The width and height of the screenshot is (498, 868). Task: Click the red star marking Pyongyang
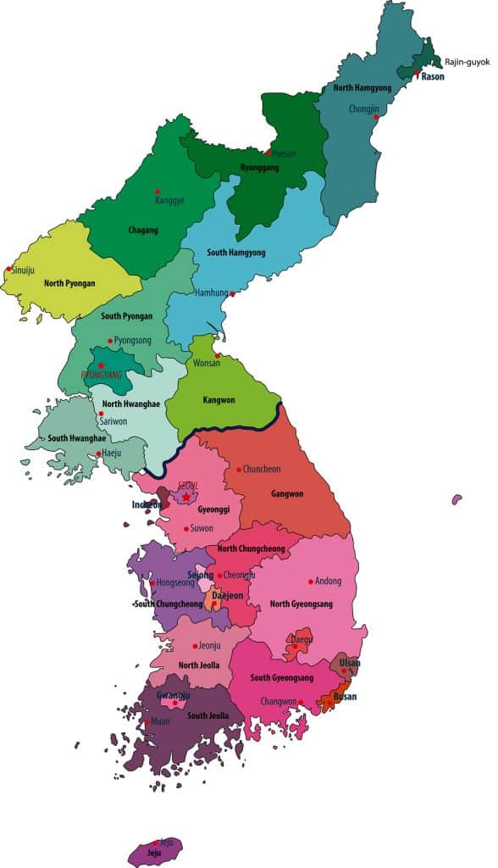point(101,365)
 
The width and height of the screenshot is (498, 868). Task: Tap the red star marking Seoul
point(185,497)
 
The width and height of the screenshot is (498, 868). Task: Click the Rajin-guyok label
point(467,62)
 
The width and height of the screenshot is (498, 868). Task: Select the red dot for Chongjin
point(375,118)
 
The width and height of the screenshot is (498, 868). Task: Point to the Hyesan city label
point(284,153)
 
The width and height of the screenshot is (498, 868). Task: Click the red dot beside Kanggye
point(157,192)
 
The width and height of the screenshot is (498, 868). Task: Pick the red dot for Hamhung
point(232,294)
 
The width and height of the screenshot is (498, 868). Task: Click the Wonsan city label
point(206,363)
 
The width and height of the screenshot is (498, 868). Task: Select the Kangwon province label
point(218,399)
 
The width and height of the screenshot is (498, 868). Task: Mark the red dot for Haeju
point(98,454)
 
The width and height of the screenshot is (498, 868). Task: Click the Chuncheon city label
point(262,469)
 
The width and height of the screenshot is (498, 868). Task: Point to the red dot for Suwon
point(186,528)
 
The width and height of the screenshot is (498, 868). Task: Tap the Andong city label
point(328,581)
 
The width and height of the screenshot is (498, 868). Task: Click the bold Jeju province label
point(152,854)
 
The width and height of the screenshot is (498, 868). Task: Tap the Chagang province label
point(143,230)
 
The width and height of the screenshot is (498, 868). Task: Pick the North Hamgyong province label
point(363,88)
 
